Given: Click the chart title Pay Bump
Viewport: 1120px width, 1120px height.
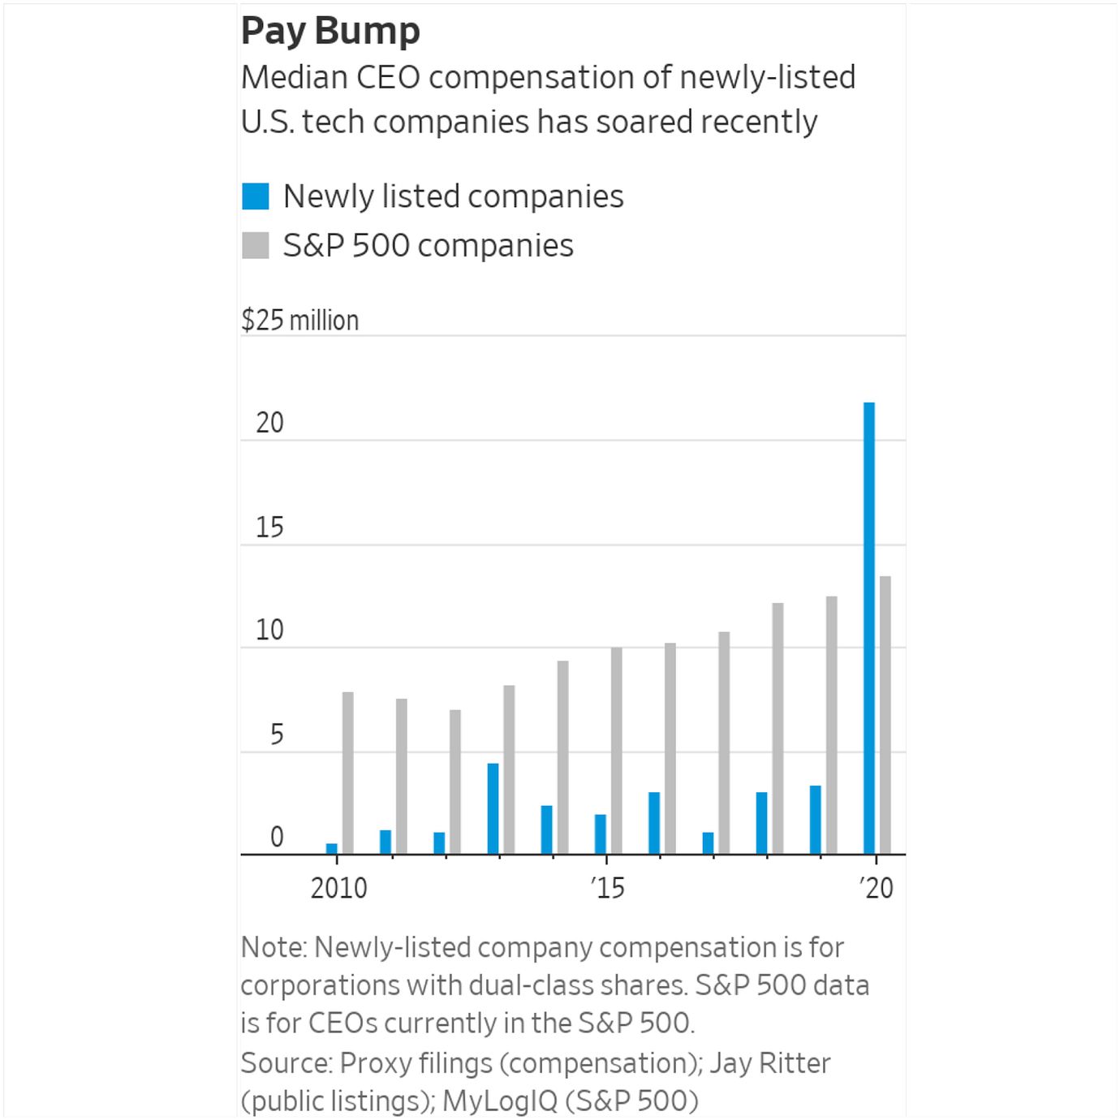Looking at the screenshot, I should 330,32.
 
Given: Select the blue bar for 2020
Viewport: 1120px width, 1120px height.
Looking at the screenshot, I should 869,628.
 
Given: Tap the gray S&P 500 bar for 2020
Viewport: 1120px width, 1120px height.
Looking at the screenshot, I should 885,715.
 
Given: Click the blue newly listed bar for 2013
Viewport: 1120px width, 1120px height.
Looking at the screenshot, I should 493,808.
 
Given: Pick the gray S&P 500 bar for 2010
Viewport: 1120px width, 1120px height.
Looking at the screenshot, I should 348,773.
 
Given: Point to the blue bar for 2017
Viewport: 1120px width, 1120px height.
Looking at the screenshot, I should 708,843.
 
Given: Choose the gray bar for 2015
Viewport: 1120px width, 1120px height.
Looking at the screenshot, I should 617,751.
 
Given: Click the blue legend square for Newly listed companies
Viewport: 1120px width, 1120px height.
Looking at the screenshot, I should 256,196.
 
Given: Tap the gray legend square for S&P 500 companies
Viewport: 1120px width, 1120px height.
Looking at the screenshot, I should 256,245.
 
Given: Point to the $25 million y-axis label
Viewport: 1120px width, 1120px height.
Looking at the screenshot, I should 299,321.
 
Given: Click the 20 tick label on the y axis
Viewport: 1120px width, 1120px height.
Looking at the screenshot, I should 269,423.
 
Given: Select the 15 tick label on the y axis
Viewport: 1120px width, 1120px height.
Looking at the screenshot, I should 269,528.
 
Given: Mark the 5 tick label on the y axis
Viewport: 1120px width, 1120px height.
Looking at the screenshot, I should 276,734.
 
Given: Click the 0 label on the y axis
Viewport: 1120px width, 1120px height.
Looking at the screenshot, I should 276,837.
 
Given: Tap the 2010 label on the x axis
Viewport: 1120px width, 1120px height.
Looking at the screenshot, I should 338,888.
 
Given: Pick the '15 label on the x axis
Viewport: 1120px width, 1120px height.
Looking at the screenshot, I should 607,888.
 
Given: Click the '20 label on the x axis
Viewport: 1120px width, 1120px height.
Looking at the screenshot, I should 876,888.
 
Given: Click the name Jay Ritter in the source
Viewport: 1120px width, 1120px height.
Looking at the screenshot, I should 770,1063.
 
